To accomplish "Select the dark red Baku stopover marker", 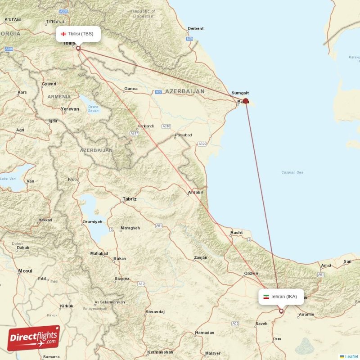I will [x=246, y=101].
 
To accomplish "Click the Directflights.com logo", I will [x=34, y=338].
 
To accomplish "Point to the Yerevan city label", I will [x=70, y=109].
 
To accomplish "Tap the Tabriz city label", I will [x=130, y=198].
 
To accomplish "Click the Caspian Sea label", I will [x=292, y=172].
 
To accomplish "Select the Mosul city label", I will [x=25, y=271].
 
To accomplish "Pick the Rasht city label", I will [x=236, y=233].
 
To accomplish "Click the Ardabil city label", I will [x=195, y=193].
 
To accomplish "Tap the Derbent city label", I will [x=196, y=28].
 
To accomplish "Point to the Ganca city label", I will [x=131, y=89].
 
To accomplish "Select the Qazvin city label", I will [x=251, y=273].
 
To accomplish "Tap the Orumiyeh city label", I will [x=92, y=222].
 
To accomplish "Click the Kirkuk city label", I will [x=66, y=306].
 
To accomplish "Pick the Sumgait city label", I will [x=240, y=93].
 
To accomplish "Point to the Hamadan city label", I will [x=205, y=333].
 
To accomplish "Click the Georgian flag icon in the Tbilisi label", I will [x=63, y=34].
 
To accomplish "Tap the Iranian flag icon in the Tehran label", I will [x=266, y=297].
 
